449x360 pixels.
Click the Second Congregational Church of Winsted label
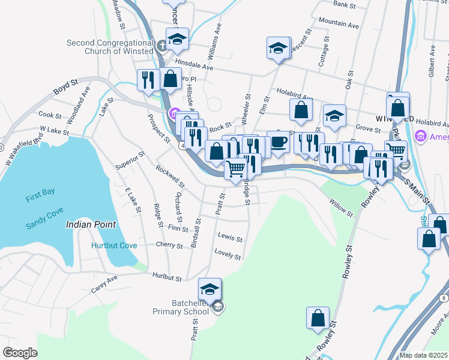click(110, 47)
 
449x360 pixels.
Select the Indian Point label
click(91, 224)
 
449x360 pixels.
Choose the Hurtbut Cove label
click(114, 245)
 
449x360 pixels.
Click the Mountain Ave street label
click(339, 23)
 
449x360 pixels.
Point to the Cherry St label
click(169, 245)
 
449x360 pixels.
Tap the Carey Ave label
click(104, 284)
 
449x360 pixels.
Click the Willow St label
click(340, 207)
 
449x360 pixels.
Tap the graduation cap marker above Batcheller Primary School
click(210, 289)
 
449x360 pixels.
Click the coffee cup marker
click(278, 142)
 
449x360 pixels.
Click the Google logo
click(20, 353)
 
